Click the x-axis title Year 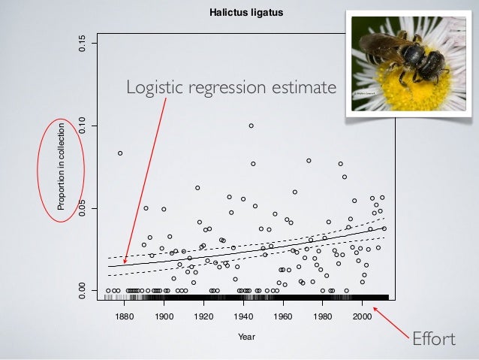click(246, 337)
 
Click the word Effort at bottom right click(434, 340)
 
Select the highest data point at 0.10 click(252, 126)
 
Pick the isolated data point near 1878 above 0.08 click(120, 153)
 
